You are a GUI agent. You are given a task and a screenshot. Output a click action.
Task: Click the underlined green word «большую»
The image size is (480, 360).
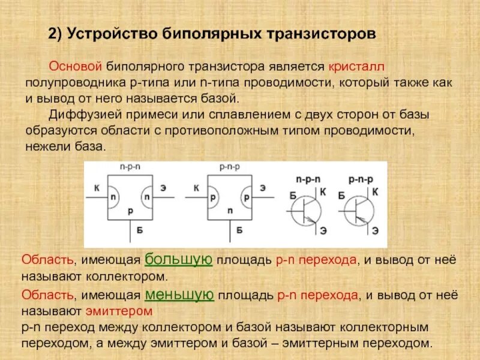pyautogui.click(x=179, y=259)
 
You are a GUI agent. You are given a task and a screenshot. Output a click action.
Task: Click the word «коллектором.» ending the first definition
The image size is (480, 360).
pyautogui.click(x=129, y=277)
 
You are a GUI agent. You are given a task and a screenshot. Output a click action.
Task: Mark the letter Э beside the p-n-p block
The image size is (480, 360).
pyautogui.click(x=262, y=188)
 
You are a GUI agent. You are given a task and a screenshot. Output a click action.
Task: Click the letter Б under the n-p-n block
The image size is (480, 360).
pyautogui.click(x=139, y=229)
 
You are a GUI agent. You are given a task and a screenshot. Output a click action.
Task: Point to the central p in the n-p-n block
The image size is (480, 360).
pyautogui.click(x=130, y=211)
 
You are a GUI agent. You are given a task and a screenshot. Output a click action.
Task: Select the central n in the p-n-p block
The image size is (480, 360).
pyautogui.click(x=230, y=211)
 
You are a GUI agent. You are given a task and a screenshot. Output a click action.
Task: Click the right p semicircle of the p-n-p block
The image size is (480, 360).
pyautogui.click(x=245, y=197)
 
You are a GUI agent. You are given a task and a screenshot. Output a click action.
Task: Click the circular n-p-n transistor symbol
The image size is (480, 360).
pyautogui.click(x=306, y=211)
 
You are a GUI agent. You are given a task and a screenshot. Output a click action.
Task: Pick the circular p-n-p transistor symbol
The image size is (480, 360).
pyautogui.click(x=359, y=211)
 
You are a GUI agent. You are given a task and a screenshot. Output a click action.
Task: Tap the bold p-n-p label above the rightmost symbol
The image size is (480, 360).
pyautogui.click(x=361, y=179)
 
